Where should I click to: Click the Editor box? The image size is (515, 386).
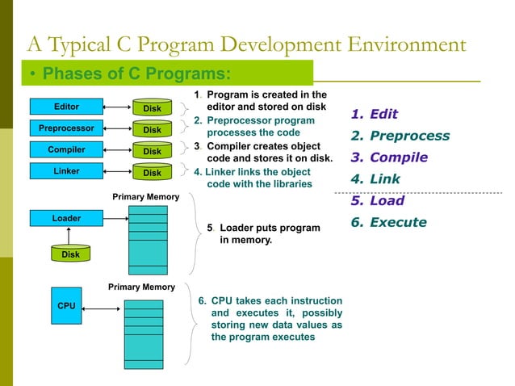point(66,106)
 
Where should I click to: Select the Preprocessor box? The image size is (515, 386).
point(66,128)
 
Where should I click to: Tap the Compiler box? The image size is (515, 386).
point(66,149)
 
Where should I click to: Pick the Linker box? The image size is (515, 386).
point(66,170)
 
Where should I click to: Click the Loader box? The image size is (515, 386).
point(66,218)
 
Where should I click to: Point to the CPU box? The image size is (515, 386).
point(66,306)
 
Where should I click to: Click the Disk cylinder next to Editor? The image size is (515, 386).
point(152,107)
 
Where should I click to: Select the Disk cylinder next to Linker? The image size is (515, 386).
point(152,172)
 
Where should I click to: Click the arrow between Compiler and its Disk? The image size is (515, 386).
point(118,149)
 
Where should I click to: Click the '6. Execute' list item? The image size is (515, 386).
point(388,222)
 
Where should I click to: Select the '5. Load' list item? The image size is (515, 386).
point(377,201)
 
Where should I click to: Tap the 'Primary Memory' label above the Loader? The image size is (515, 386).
point(145,196)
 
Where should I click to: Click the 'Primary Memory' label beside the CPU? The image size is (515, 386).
point(141,287)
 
